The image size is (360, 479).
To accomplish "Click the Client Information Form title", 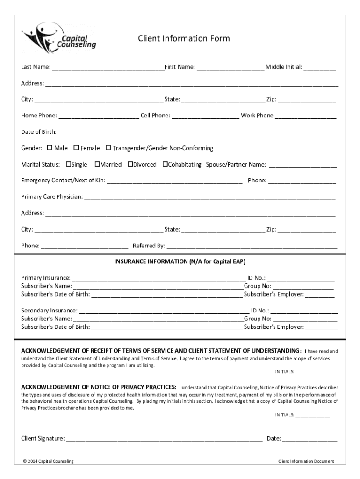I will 184,38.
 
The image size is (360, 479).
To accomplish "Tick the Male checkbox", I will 50,148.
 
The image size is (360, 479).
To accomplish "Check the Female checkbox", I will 76,148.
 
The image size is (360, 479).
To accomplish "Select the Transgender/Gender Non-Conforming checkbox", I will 108,148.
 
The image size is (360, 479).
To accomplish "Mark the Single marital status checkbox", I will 68,164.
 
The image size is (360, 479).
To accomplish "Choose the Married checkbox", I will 97,164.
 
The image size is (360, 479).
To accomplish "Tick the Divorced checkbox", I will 130,164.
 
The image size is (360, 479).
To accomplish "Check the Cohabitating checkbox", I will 165,164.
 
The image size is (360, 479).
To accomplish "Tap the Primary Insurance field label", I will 46,278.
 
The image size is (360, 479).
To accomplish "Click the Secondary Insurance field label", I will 49,310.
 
